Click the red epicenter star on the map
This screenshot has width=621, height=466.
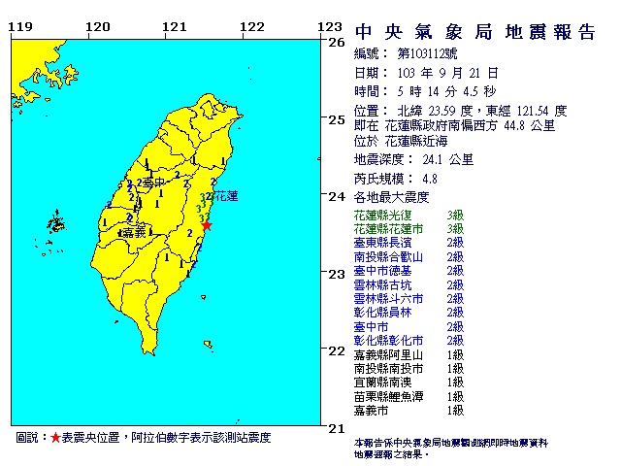206,224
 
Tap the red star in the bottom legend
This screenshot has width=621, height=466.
55,439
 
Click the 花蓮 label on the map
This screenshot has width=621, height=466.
224,196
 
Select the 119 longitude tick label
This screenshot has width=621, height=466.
17,26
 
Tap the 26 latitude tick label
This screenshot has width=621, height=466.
337,43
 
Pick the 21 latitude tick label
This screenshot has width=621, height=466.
337,427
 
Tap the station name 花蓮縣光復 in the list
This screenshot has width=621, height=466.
383,215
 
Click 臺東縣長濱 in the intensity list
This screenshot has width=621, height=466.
383,243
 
